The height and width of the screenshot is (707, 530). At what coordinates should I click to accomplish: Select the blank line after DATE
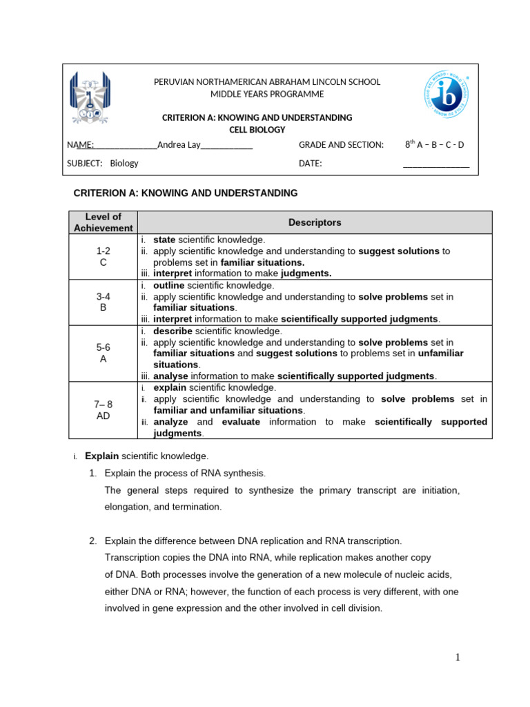[x=435, y=164]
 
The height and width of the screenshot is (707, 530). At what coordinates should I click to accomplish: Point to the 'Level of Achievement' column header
[x=103, y=222]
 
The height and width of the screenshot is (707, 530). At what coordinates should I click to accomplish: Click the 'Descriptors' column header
[x=315, y=222]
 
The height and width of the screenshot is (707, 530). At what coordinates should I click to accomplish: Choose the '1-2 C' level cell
[x=103, y=257]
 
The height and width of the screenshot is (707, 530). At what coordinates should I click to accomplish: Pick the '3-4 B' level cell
[x=103, y=302]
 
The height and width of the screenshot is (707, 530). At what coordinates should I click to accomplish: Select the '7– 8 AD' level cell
[x=103, y=411]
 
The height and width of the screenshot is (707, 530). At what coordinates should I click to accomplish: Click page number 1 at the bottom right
[x=457, y=657]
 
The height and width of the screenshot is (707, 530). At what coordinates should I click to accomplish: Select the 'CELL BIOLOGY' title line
[x=257, y=130]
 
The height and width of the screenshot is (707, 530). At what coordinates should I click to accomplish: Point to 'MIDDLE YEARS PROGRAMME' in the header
[x=266, y=94]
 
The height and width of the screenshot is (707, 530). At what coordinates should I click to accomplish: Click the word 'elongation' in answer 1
[x=128, y=507]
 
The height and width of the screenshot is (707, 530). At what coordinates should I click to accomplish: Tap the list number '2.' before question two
[x=93, y=541]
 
